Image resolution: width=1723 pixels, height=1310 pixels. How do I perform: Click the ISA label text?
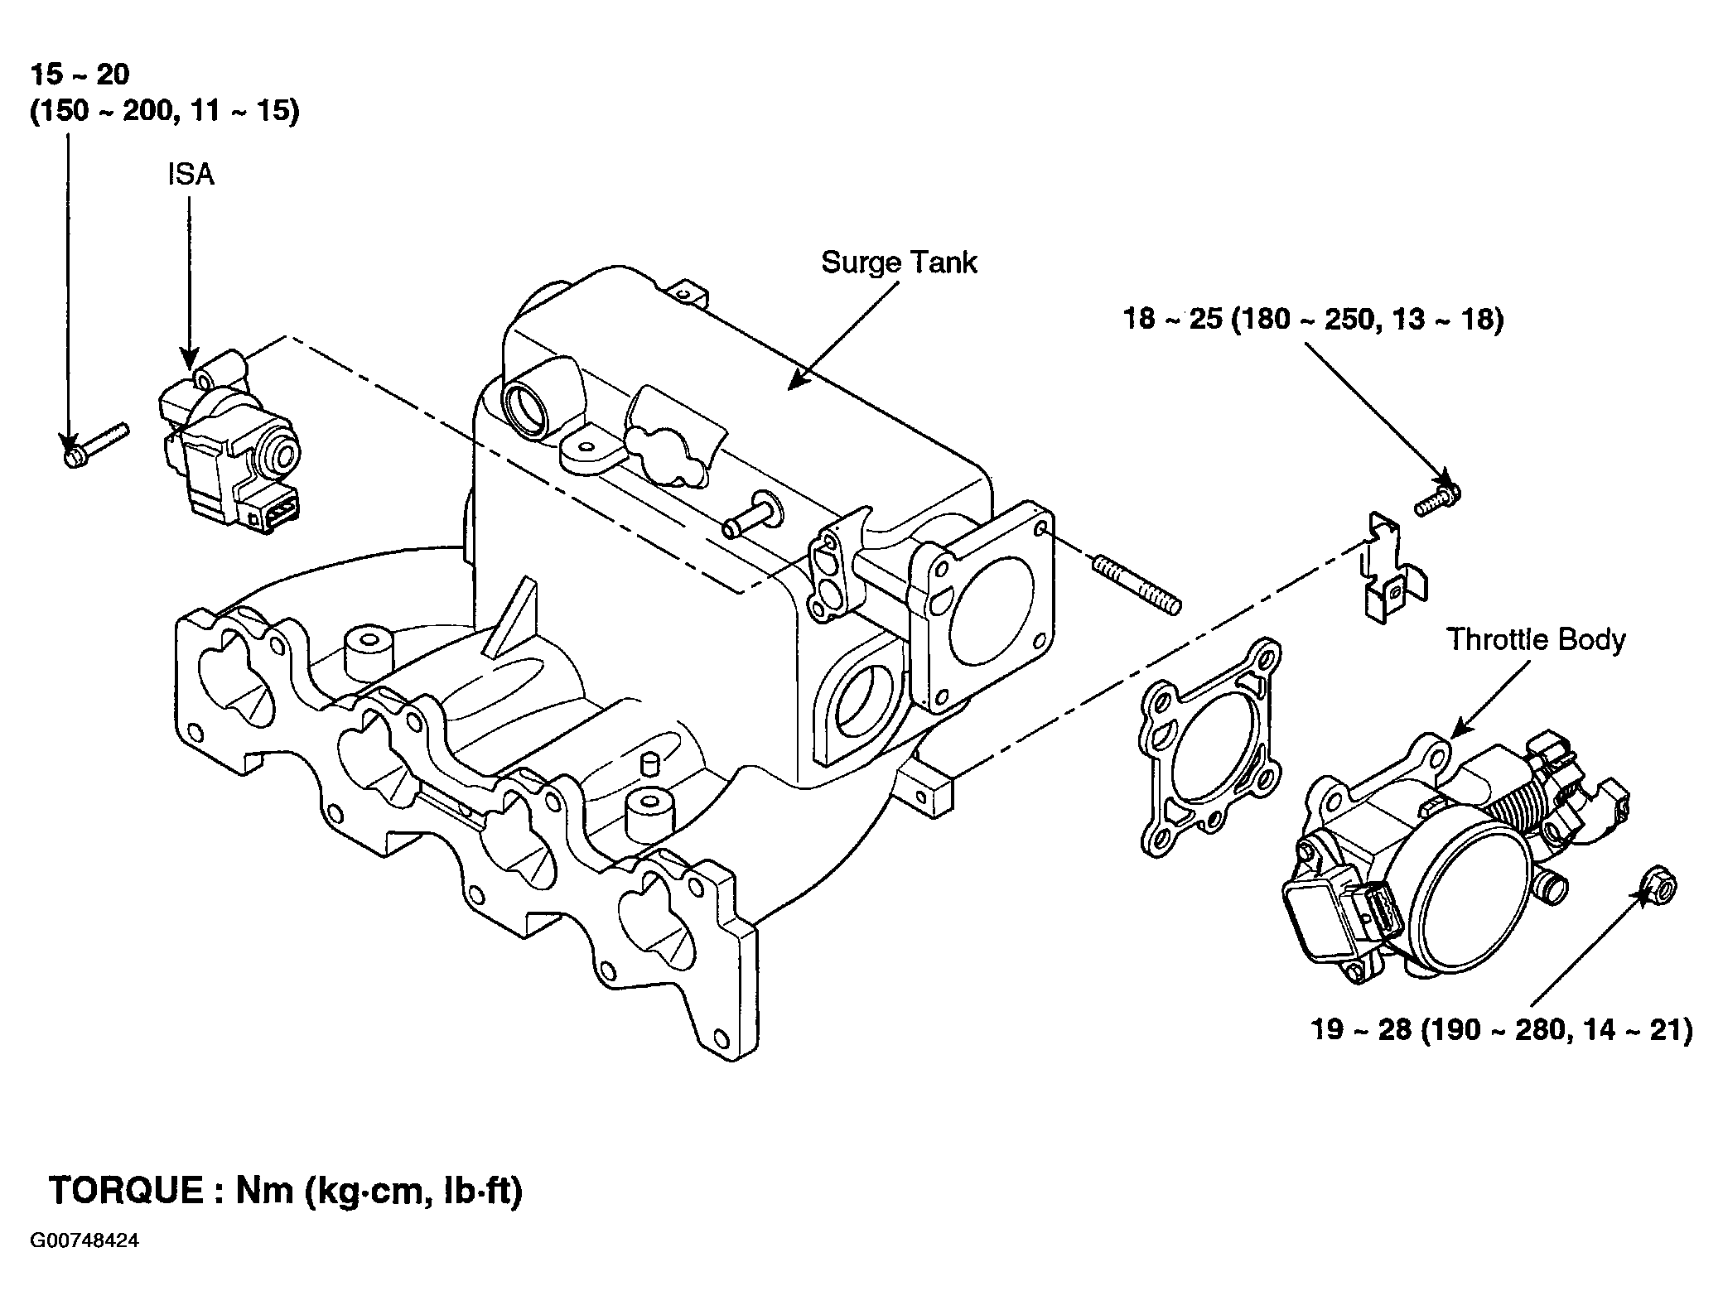coord(191,176)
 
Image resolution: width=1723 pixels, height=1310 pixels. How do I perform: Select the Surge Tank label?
coord(899,263)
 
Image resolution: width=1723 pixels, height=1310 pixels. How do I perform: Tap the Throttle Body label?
coord(1536,639)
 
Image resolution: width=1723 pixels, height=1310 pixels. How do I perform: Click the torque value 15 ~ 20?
coord(80,75)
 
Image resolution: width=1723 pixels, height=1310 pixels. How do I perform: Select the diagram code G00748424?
coord(84,1241)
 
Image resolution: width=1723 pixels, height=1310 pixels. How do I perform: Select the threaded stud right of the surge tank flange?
coord(1137,585)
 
